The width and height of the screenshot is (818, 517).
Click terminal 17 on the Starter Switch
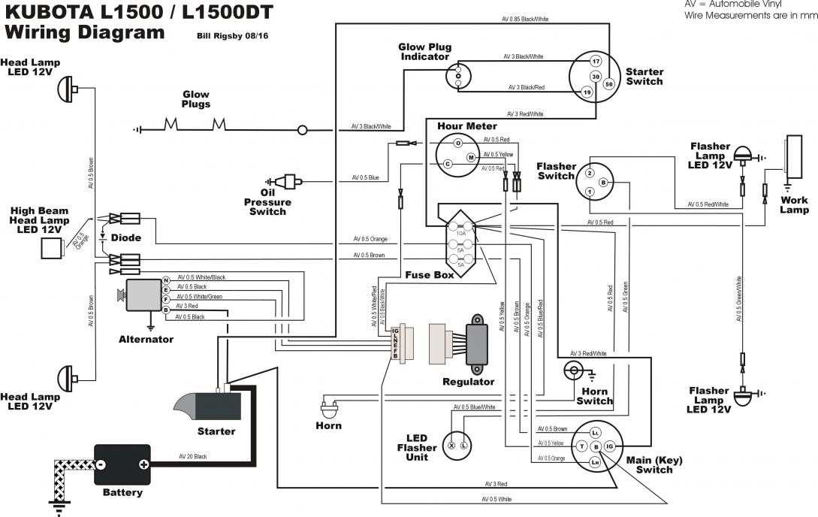point(595,61)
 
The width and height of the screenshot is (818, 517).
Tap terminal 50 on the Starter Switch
point(608,85)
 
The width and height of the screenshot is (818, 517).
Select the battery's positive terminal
point(143,464)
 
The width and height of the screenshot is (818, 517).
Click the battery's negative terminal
point(100,464)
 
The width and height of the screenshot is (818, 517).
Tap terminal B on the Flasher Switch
point(604,183)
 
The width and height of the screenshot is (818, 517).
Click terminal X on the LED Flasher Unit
point(451,446)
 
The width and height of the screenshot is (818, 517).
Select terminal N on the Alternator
point(165,280)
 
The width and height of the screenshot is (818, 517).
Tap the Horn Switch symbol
point(574,370)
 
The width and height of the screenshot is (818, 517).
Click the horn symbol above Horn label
point(328,410)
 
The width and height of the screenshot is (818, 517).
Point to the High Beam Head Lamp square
point(51,249)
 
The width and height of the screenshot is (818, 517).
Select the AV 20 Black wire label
point(193,456)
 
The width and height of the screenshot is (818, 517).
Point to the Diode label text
point(125,237)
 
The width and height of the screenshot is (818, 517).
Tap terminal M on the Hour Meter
point(470,158)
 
